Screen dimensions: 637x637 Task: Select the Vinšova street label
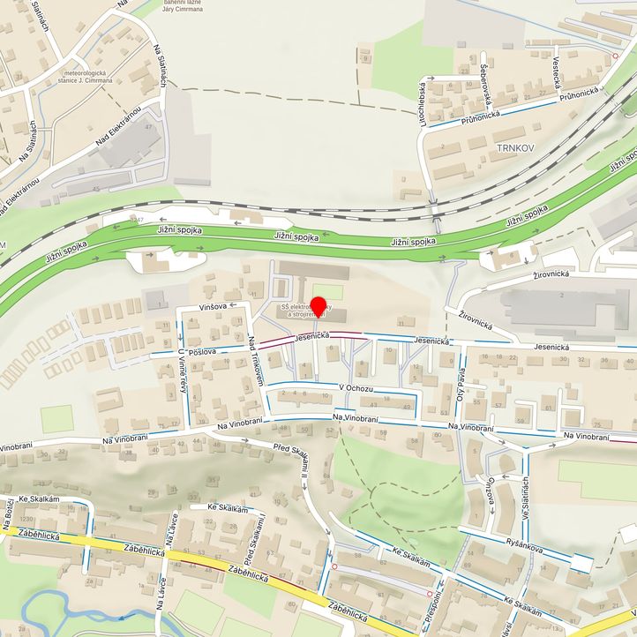tap(214, 306)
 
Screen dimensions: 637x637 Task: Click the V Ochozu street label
tap(356, 388)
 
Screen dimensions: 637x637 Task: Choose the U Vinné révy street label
tap(183, 372)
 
